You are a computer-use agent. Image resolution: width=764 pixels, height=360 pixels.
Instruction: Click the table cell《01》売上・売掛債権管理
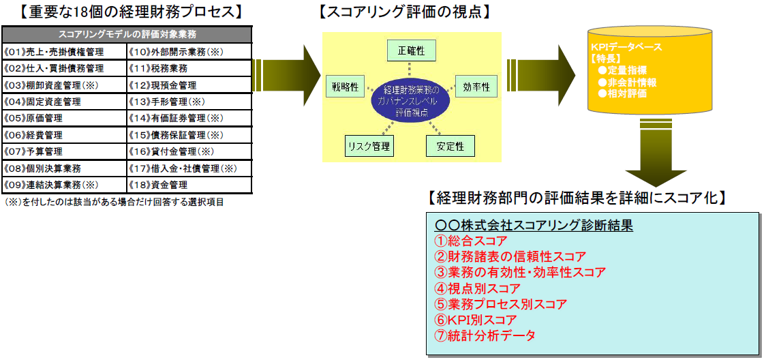64,52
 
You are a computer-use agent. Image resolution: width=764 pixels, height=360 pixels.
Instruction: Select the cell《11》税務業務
189,68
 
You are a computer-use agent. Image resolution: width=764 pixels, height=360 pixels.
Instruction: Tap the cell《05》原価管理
64,119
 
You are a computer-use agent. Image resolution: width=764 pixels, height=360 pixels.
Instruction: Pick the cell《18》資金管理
189,185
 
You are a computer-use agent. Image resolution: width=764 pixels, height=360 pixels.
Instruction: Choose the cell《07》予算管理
64,151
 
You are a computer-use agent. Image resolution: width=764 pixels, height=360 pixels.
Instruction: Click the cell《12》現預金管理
189,85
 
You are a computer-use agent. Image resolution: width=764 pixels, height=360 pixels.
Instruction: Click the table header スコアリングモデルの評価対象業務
127,35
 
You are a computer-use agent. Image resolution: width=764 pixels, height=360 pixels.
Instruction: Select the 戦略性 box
346,87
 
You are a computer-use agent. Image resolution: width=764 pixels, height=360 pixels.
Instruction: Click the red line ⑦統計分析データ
485,335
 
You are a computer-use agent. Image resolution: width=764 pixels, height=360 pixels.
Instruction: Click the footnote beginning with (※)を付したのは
114,202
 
